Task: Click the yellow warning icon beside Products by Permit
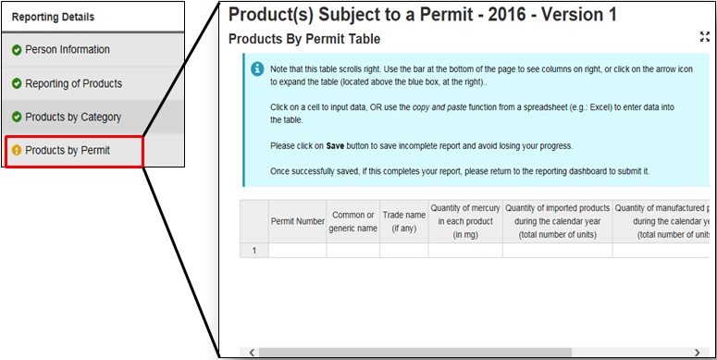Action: [x=17, y=151]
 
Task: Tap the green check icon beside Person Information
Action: [x=17, y=50]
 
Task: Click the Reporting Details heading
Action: [x=53, y=17]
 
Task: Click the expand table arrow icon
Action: [x=705, y=37]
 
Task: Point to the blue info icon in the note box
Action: [x=257, y=69]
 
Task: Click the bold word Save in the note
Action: [x=335, y=146]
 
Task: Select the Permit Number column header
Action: [x=298, y=221]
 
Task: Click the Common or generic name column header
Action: [x=353, y=221]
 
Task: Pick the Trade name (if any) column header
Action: [x=403, y=221]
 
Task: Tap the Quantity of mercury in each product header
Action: [x=465, y=221]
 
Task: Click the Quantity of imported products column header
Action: [x=558, y=221]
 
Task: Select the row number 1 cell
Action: [x=254, y=251]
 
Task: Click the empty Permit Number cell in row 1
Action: [x=298, y=251]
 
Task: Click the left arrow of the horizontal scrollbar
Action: [x=252, y=353]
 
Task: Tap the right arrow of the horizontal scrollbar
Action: [x=697, y=353]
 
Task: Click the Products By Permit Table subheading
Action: [x=304, y=40]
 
